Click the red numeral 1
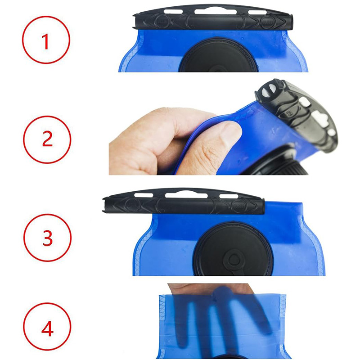(46, 41)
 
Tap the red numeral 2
(48, 139)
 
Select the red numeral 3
(48, 238)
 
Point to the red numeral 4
(48, 328)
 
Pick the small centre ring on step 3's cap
(234, 260)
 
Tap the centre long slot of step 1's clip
(216, 12)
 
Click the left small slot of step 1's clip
(173, 12)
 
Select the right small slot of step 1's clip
(257, 13)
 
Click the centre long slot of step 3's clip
(186, 195)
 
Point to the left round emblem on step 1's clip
(162, 21)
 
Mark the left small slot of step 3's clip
(144, 195)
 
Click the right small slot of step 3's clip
(229, 196)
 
